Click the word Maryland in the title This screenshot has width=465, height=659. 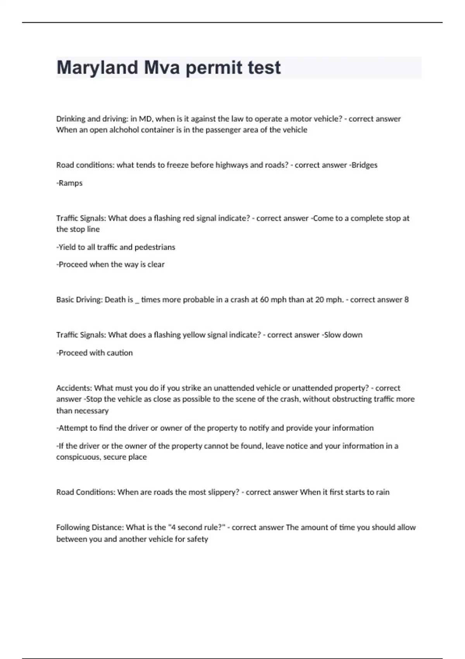(x=97, y=68)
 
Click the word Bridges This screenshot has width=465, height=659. (x=364, y=165)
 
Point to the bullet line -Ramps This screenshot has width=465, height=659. (x=69, y=183)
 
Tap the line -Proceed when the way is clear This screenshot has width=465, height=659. (x=110, y=264)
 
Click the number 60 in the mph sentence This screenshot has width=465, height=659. (x=264, y=300)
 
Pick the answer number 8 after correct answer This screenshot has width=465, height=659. (x=406, y=300)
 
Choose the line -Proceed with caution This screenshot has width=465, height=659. (x=95, y=353)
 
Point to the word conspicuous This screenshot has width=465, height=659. (x=77, y=457)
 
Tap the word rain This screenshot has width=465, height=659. (x=382, y=492)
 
